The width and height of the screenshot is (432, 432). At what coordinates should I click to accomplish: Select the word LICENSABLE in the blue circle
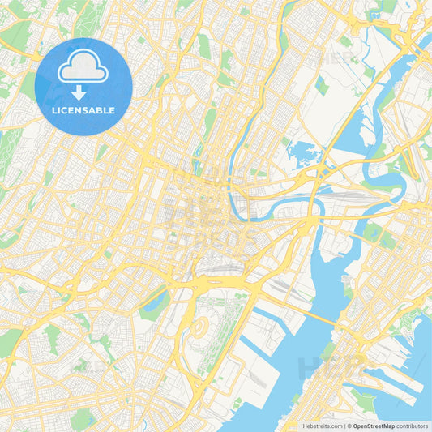(83, 109)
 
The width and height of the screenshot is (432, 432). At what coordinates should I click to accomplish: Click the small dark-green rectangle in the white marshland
(322, 85)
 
